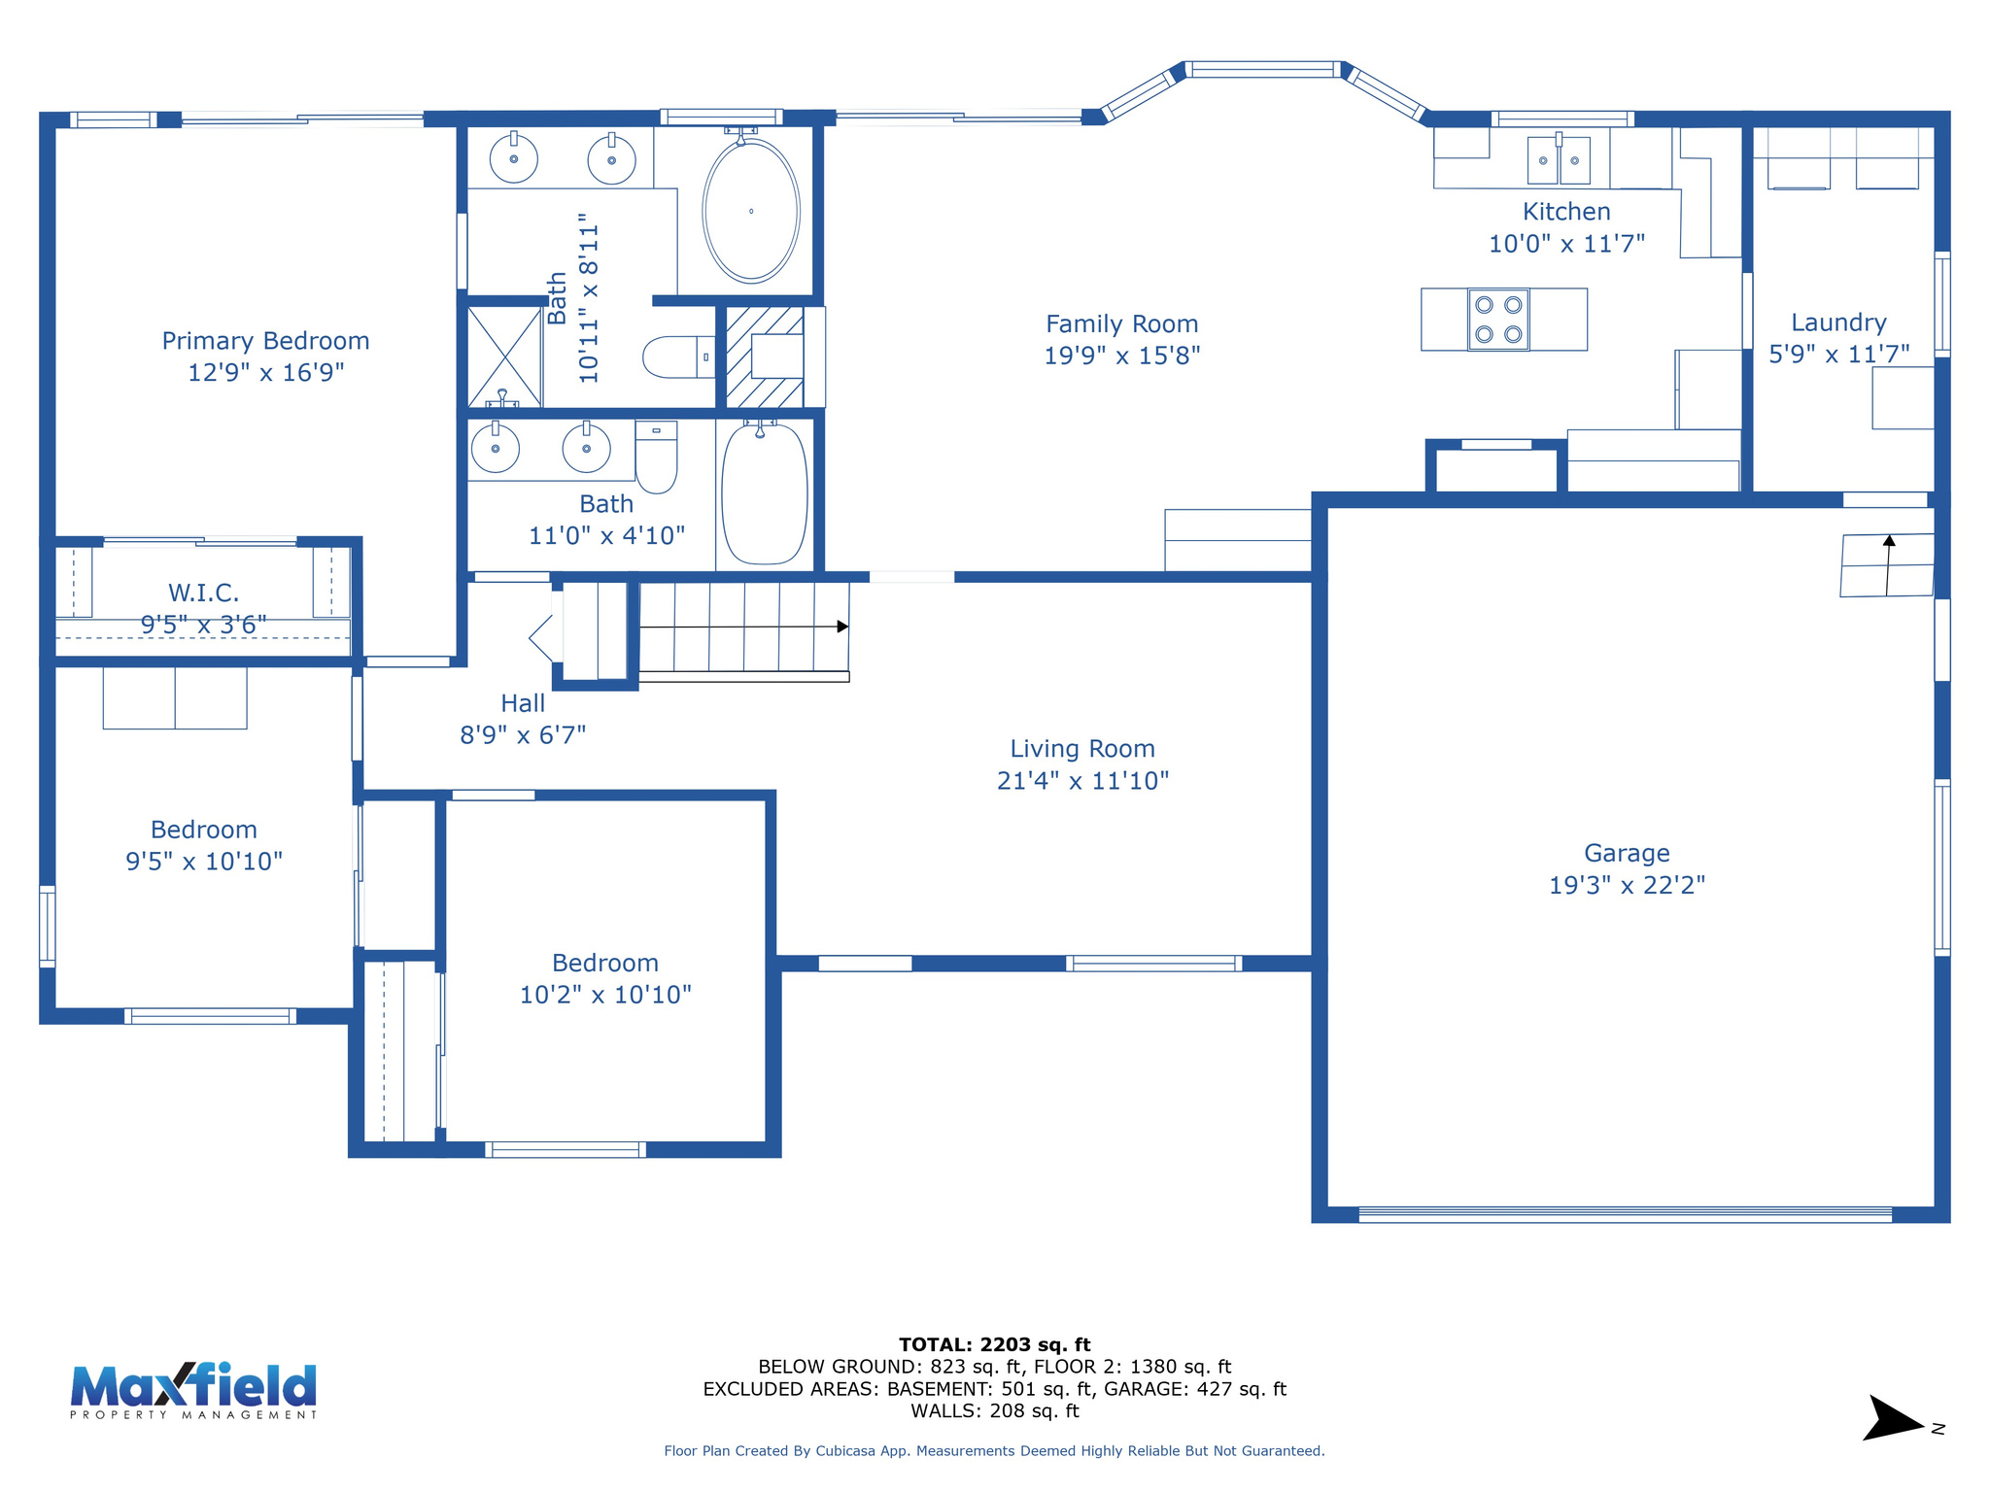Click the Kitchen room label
(1565, 212)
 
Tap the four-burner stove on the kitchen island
(1497, 320)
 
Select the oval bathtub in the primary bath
(750, 211)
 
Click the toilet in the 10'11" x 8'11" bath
(676, 356)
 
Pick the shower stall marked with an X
(504, 356)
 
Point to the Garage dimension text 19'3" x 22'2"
(1627, 885)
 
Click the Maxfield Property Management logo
(193, 1389)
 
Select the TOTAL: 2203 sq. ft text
(994, 1344)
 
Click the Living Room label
(1082, 749)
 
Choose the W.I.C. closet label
(203, 593)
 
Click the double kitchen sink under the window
(1559, 160)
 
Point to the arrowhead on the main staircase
(842, 627)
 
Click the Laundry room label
(1838, 322)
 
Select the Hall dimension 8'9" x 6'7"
(523, 735)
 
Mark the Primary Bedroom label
(265, 341)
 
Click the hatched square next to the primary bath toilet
(765, 356)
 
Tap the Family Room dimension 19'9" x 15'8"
(1121, 356)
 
